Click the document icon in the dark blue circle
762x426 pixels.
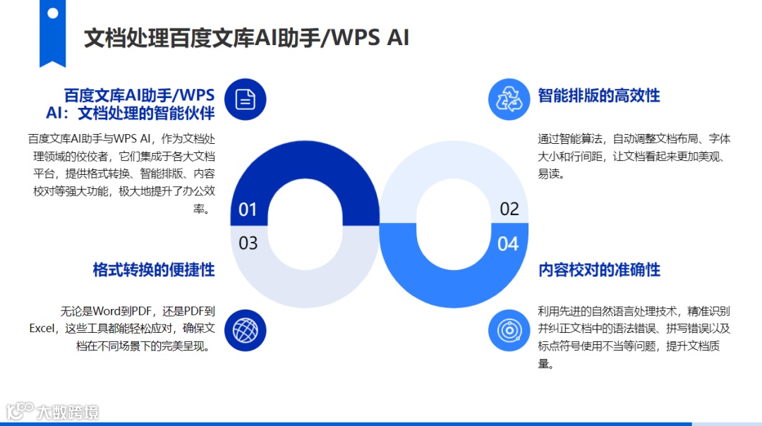(245, 99)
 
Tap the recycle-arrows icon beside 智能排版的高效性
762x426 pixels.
(509, 99)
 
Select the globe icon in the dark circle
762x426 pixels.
(245, 329)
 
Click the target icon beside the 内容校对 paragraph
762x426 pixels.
(509, 329)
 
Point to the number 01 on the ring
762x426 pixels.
(248, 209)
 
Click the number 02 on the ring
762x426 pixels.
(509, 209)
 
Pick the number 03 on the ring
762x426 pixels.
(248, 243)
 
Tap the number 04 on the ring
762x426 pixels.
(508, 244)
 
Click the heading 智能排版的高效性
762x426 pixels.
(599, 96)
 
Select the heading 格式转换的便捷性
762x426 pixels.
(154, 269)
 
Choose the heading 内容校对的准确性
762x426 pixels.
(599, 269)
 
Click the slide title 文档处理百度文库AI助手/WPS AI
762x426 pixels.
(246, 37)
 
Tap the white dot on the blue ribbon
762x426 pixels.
(53, 13)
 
